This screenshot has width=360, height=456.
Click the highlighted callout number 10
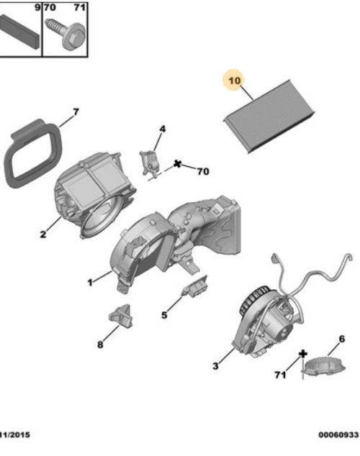tap(234, 81)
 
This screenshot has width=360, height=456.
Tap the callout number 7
tap(74, 113)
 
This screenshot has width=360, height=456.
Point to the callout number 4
tap(162, 129)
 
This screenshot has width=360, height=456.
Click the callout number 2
tap(43, 234)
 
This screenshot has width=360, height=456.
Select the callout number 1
tap(90, 283)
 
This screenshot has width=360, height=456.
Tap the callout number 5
tap(163, 314)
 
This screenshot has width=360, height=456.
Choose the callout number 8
tap(99, 345)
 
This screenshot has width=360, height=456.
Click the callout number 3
tap(215, 367)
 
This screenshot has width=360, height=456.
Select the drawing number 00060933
tap(338, 434)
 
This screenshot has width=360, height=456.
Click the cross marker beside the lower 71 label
tap(303, 353)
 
